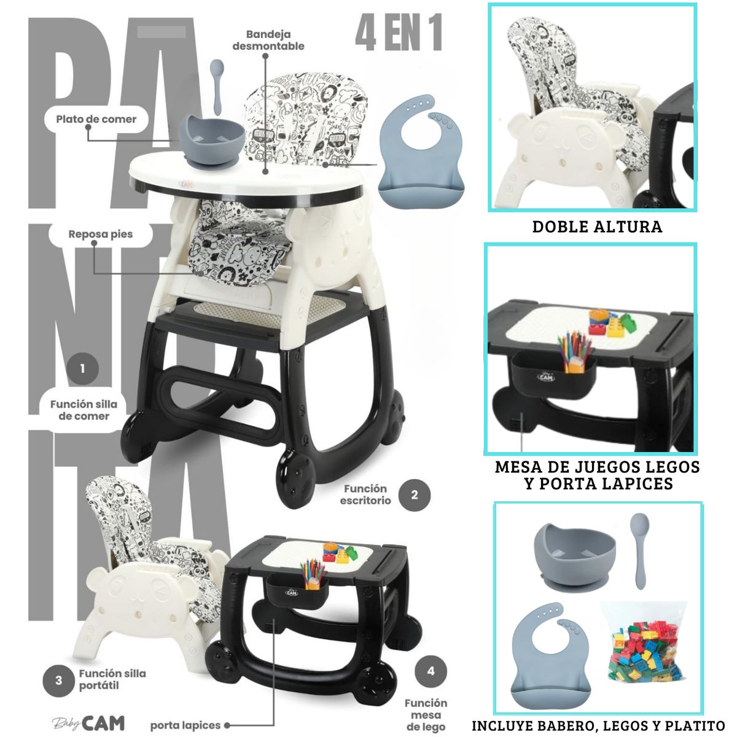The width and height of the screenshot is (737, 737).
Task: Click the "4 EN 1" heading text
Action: coord(399,35)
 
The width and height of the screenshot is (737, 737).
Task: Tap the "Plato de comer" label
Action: coord(96,119)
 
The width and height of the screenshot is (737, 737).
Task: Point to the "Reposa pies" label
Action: coord(101,234)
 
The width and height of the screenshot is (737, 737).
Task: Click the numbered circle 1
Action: coord(81,370)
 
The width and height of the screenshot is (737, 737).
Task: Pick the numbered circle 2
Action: coord(414,494)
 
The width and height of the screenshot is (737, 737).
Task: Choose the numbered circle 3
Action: coord(59,680)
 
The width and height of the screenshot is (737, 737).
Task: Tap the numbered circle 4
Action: coord(431,671)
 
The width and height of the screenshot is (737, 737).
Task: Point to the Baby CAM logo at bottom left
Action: coord(88,723)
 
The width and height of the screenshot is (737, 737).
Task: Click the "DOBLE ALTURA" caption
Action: coord(597,227)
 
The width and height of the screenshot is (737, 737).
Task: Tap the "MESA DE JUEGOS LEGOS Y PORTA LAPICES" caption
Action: coord(597,475)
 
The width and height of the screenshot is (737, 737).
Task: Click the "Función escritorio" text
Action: coord(365,494)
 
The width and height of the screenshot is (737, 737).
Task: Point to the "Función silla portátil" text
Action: coord(112,679)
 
